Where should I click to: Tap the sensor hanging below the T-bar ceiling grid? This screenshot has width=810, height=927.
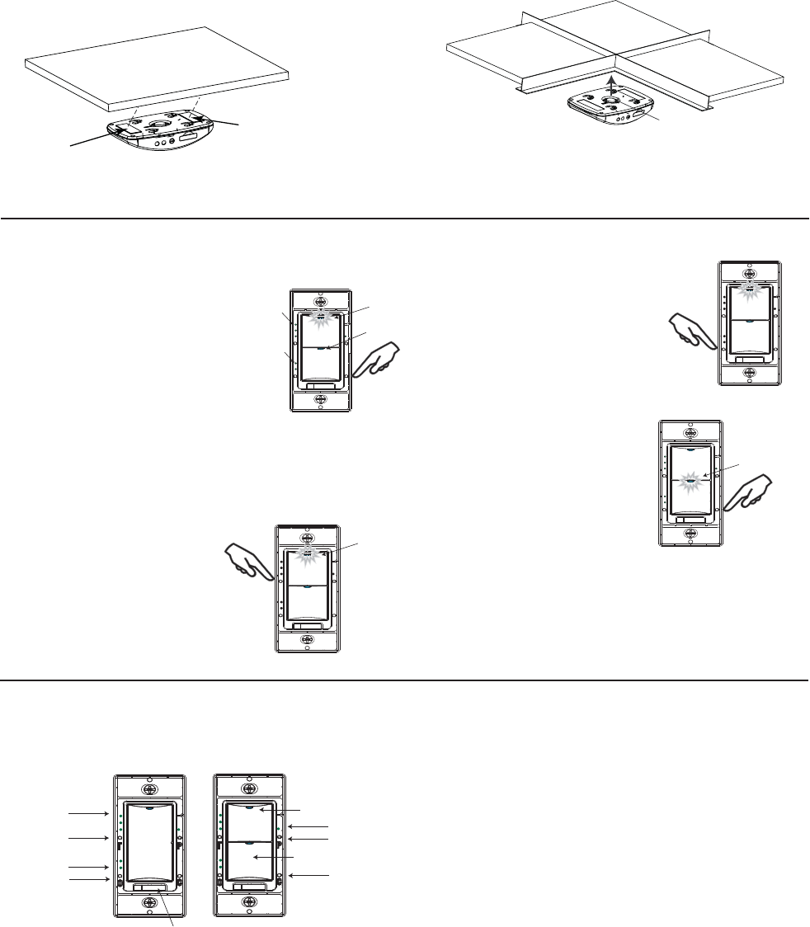(x=610, y=106)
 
